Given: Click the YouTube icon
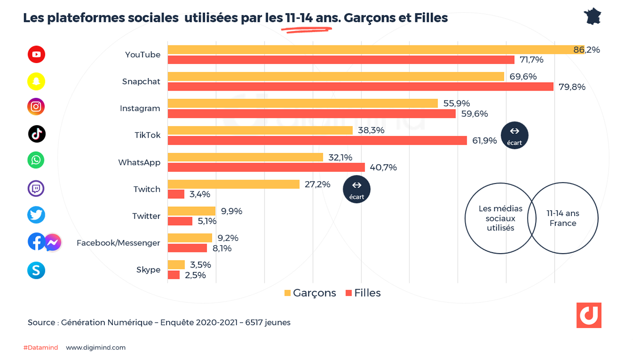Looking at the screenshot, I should coord(37,54).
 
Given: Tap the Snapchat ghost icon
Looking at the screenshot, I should coord(36,81).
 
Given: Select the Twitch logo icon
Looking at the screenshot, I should coord(36,188).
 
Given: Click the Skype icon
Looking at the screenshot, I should coord(36,270).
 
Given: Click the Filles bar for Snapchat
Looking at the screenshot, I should coord(360,87).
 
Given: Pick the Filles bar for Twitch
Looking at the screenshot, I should coord(175,194).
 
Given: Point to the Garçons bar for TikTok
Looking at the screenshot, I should coord(260,130).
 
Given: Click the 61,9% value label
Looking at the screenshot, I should coord(484,140).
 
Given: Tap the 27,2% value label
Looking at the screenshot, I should coord(317,184).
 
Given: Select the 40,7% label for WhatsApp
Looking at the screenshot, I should coord(384,167).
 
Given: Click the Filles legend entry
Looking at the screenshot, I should coord(363,293).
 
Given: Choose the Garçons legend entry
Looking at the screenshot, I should coord(310,293).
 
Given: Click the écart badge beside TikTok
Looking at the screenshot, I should coord(514,135).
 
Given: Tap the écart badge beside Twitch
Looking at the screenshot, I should coord(357,189).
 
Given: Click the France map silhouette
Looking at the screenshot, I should coord(593,17).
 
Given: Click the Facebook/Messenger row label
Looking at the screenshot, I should coord(118,243).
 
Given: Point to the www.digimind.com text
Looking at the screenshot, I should coord(96,348).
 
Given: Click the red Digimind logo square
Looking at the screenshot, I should coord(589,315).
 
